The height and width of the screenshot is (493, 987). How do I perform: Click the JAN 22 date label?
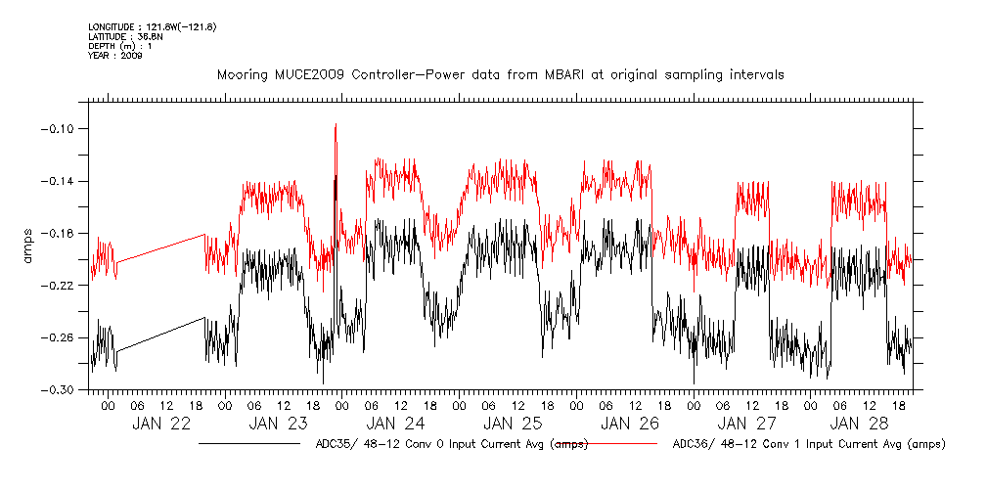click(164, 424)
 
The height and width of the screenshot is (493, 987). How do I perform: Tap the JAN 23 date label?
click(280, 424)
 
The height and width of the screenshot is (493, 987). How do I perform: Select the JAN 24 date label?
click(396, 424)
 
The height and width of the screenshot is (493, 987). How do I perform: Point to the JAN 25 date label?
click(512, 424)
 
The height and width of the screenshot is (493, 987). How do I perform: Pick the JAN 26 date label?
click(628, 424)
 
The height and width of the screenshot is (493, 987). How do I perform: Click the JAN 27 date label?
click(746, 424)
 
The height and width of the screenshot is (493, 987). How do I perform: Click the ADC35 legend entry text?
click(451, 445)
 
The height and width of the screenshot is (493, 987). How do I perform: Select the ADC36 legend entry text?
click(809, 445)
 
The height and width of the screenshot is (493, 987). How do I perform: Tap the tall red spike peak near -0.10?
click(336, 125)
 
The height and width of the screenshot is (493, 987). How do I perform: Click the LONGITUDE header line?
click(152, 26)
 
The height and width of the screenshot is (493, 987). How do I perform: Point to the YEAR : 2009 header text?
click(115, 56)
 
